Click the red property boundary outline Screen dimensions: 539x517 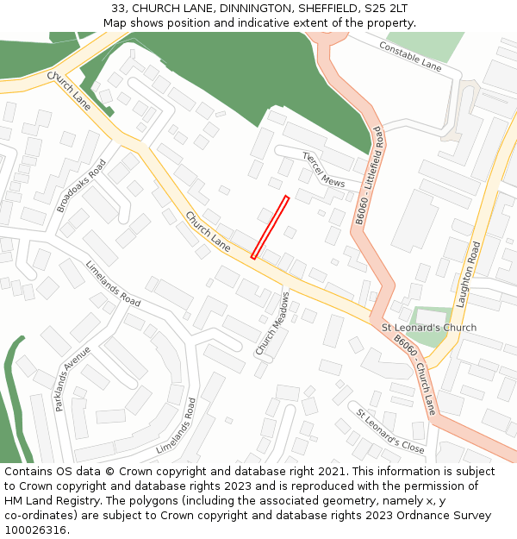coord(270,227)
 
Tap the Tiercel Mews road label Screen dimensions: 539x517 coord(323,170)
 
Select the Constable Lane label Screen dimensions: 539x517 coord(410,57)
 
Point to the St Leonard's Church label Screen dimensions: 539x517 coord(429,328)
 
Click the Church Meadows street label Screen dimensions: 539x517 coord(272,323)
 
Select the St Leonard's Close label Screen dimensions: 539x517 coord(390,430)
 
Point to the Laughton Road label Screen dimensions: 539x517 coord(473,275)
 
